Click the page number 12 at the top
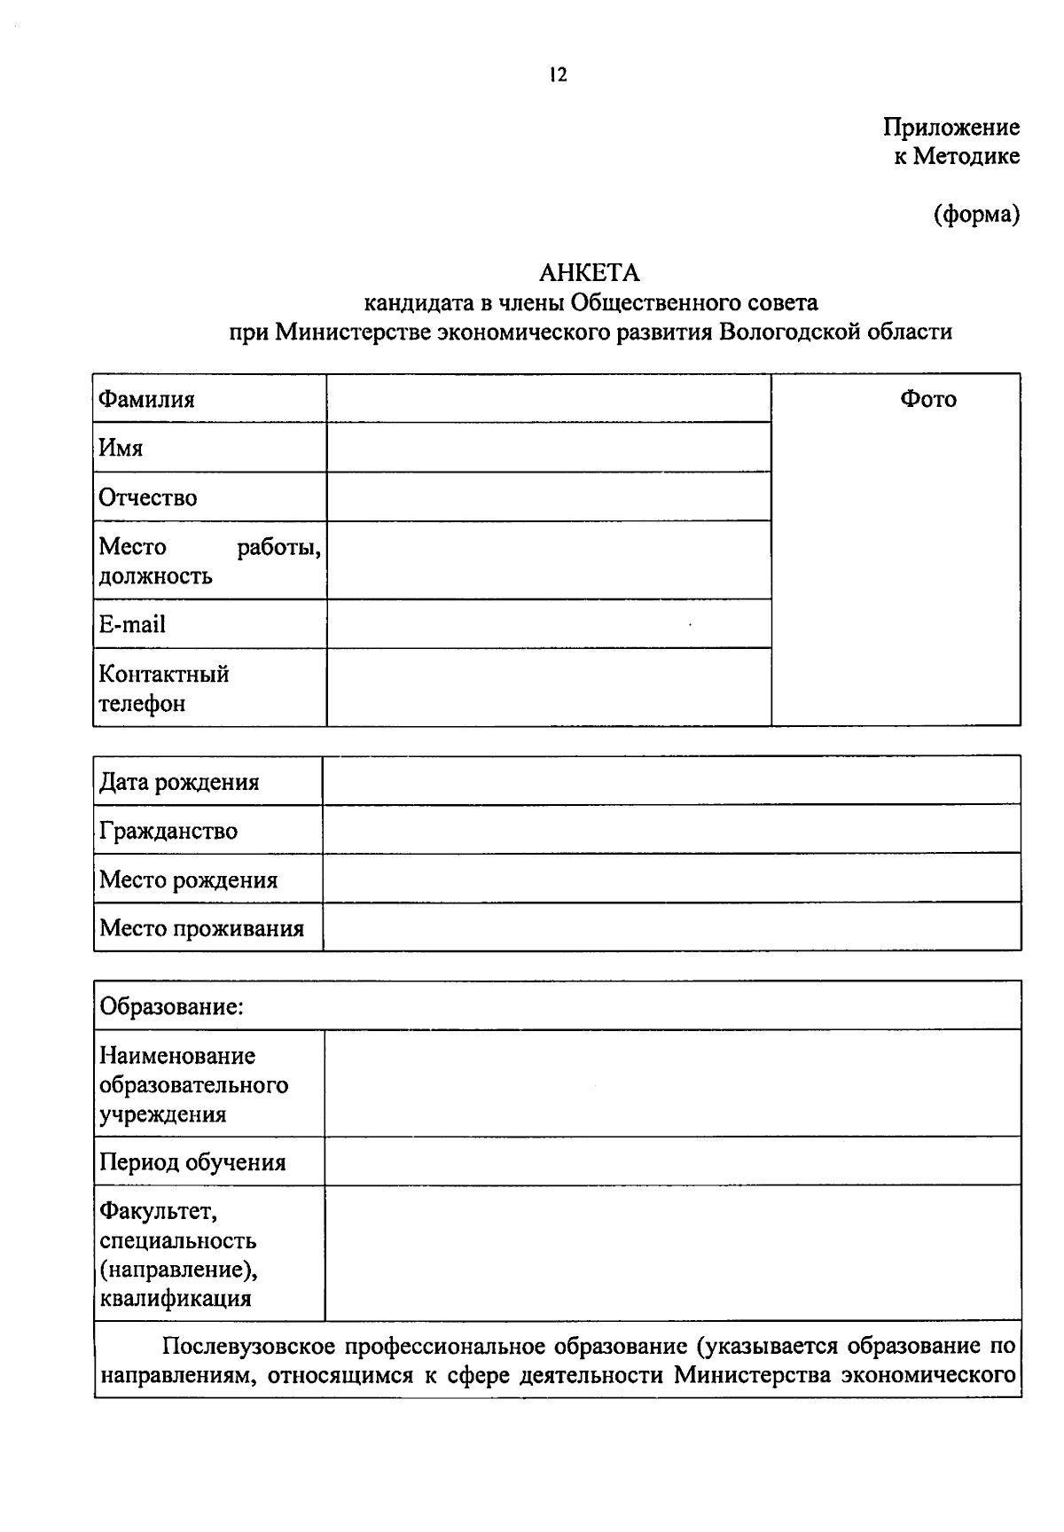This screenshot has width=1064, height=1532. [x=558, y=75]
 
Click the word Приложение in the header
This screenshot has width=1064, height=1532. [x=951, y=128]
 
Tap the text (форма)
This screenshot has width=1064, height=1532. [x=976, y=214]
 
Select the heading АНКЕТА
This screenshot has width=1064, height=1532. [x=589, y=272]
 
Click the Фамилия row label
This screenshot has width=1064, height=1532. [x=146, y=399]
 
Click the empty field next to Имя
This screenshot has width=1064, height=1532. [x=548, y=447]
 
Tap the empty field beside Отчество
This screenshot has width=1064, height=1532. [x=548, y=496]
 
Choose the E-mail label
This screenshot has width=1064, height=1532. [x=132, y=624]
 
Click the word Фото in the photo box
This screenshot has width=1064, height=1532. [x=928, y=399]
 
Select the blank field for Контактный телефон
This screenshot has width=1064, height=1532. [x=548, y=687]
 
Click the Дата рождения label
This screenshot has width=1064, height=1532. [x=179, y=782]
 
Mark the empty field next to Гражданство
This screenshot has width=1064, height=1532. [x=671, y=830]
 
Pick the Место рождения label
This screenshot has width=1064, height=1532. [x=188, y=879]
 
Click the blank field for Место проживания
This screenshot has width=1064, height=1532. [x=671, y=927]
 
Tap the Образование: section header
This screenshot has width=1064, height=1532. [x=171, y=1006]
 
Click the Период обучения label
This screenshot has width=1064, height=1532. [x=192, y=1161]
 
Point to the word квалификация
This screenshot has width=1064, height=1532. [x=176, y=1299]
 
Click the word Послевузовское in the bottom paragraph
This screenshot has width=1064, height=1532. [x=249, y=1347]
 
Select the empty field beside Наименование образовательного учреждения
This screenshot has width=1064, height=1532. [x=672, y=1083]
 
